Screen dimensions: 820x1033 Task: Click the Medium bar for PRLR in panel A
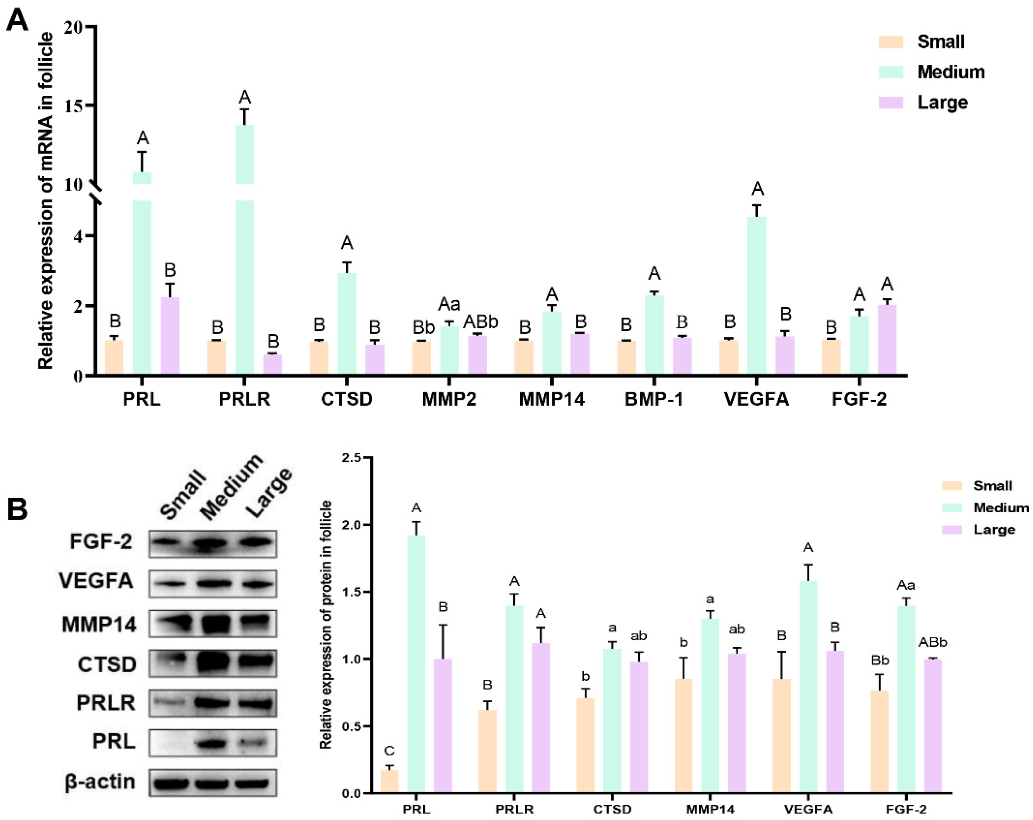pos(244,249)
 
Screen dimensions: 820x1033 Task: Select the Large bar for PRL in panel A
pos(170,335)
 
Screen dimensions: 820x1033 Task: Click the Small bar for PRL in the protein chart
pos(390,781)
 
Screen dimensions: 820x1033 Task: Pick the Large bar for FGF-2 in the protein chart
pos(933,726)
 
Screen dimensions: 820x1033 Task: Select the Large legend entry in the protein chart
pos(994,530)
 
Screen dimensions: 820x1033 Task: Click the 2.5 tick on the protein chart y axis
pos(352,458)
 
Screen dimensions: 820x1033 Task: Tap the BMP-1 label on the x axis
pos(653,399)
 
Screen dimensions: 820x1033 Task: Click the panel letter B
pos(17,509)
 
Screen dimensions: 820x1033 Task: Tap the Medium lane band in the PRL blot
pos(211,743)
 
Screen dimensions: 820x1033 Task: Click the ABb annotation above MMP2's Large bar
pos(480,322)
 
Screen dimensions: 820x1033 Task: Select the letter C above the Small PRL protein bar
pos(389,751)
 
